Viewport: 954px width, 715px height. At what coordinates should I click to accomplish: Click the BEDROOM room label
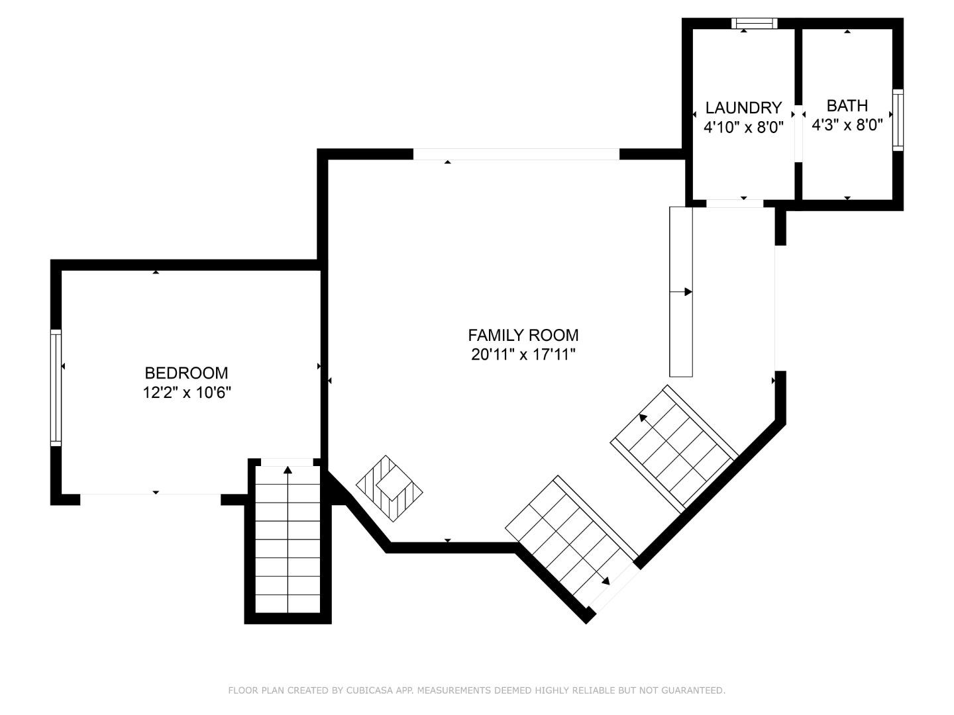pyautogui.click(x=186, y=373)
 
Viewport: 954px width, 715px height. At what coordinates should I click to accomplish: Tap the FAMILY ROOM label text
pyautogui.click(x=523, y=336)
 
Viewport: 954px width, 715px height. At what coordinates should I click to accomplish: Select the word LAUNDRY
pyautogui.click(x=743, y=108)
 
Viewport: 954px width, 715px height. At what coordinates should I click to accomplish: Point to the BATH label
pyautogui.click(x=847, y=106)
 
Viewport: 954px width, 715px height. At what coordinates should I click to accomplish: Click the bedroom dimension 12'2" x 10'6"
pyautogui.click(x=186, y=393)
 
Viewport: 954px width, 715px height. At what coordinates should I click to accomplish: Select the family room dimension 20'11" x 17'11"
pyautogui.click(x=523, y=355)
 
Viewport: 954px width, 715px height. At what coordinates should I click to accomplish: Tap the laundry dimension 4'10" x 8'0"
pyautogui.click(x=743, y=127)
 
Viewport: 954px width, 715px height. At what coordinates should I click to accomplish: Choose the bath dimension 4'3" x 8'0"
pyautogui.click(x=847, y=125)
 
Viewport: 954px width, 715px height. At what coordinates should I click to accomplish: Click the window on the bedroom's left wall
pyautogui.click(x=56, y=387)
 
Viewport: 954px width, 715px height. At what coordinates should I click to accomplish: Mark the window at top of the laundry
pyautogui.click(x=754, y=24)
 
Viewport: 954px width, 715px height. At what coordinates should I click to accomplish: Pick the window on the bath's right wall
pyautogui.click(x=898, y=120)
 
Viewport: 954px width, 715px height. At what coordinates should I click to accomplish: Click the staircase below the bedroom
pyautogui.click(x=288, y=540)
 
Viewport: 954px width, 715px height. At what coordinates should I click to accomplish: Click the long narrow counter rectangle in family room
pyautogui.click(x=681, y=291)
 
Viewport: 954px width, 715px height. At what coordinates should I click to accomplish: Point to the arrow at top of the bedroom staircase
pyautogui.click(x=288, y=471)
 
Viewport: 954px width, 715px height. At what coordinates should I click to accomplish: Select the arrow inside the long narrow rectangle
pyautogui.click(x=688, y=292)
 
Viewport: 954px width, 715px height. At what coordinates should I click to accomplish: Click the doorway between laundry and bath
pyautogui.click(x=798, y=132)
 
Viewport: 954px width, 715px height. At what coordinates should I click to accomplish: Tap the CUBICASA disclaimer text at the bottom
pyautogui.click(x=476, y=691)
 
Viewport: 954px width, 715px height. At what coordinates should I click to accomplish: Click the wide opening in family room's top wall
pyautogui.click(x=516, y=154)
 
